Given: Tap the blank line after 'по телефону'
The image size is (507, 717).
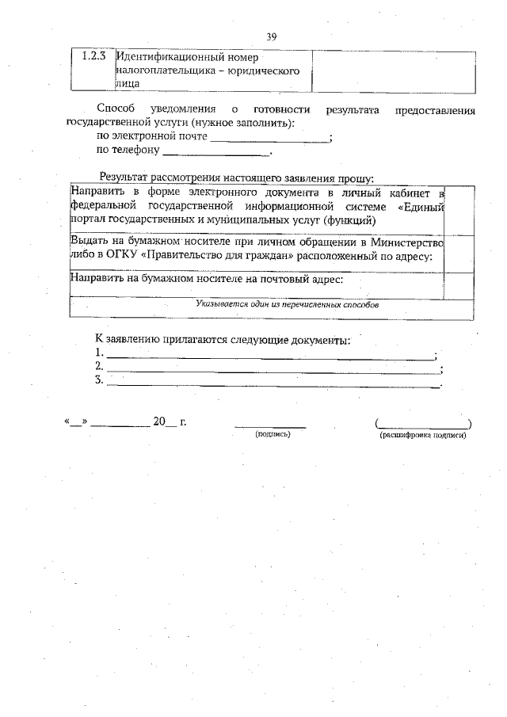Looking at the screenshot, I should click(x=215, y=151).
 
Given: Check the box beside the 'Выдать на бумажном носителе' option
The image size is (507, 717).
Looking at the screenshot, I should click(x=459, y=250).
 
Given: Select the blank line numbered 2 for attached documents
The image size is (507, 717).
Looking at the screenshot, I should click(x=272, y=369).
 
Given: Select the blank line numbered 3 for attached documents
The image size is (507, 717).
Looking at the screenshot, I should click(x=272, y=383).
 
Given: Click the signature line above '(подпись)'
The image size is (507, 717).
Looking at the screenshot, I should click(x=270, y=425).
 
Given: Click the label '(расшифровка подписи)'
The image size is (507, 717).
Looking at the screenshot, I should click(x=423, y=436).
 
